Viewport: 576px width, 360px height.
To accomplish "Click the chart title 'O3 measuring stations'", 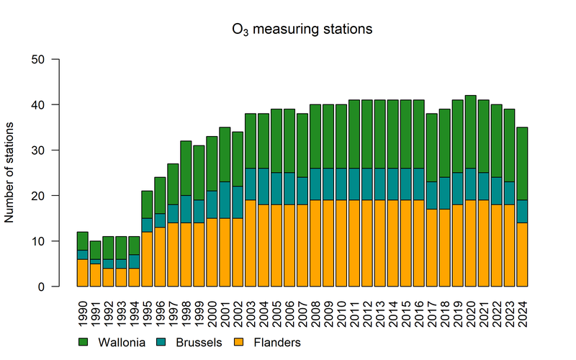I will (x=302, y=30).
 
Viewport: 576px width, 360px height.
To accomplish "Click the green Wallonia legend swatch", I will (x=83, y=342).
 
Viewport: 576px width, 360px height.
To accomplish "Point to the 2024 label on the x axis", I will (x=523, y=305).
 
